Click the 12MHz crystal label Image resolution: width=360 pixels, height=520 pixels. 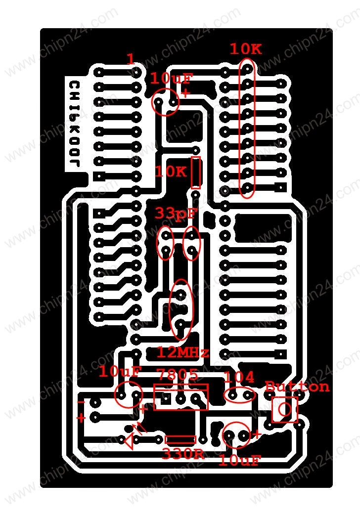[183, 352]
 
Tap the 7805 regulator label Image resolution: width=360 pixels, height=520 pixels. [178, 374]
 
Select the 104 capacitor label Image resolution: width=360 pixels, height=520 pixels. [239, 378]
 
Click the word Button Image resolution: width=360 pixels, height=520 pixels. [297, 387]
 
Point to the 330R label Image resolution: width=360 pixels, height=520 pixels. [183, 453]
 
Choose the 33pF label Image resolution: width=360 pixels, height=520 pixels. [176, 214]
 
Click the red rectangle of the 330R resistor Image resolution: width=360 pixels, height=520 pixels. [180, 439]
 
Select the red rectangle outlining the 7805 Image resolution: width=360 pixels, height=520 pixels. [181, 397]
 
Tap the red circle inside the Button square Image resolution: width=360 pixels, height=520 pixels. [285, 409]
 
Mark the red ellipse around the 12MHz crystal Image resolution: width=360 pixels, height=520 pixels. [181, 310]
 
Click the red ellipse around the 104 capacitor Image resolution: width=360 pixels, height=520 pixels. [240, 395]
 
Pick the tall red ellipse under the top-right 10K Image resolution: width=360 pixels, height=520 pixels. [247, 128]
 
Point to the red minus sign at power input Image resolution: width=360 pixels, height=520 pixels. [81, 402]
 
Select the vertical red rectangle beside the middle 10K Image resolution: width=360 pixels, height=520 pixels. [196, 173]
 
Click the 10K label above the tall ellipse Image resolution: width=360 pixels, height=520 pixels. [245, 49]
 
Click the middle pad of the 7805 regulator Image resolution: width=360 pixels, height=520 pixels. [181, 398]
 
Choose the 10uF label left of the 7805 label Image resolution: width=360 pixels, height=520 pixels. [120, 372]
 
